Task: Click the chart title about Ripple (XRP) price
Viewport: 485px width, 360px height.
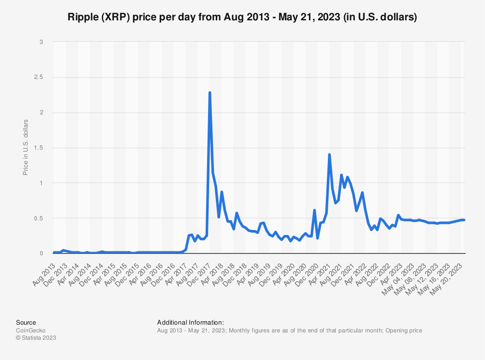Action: tap(242, 17)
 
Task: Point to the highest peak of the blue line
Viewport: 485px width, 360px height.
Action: tap(210, 92)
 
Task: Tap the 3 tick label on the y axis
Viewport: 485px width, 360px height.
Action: tap(41, 42)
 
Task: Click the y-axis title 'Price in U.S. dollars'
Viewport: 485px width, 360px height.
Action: tap(26, 147)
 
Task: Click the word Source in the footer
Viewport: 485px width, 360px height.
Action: tap(26, 322)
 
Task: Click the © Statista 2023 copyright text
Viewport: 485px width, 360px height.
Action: tap(36, 338)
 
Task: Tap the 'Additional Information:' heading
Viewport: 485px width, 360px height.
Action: tap(190, 322)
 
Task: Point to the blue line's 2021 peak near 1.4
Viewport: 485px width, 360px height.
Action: tap(329, 155)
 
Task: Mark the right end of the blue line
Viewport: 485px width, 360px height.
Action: tap(464, 220)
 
